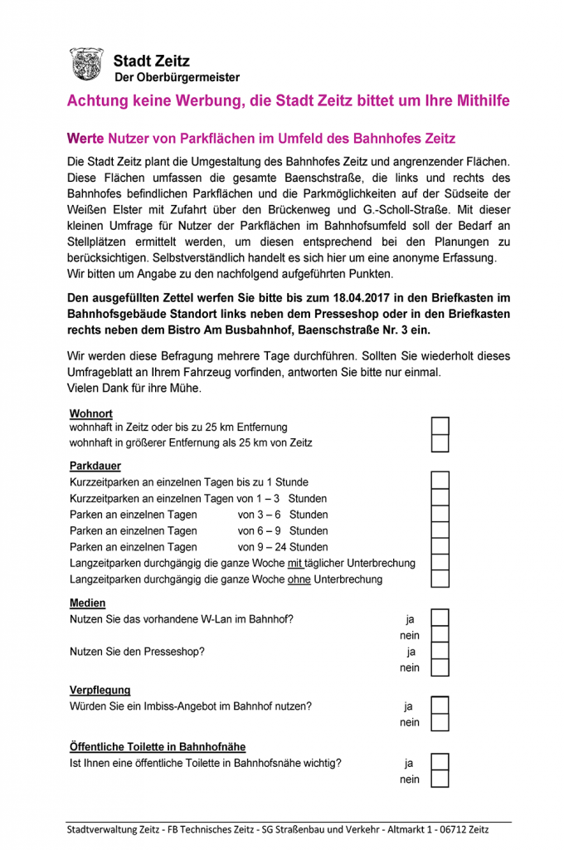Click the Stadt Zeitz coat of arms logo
[x=85, y=65]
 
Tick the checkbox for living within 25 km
[x=440, y=427]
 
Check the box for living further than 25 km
[x=440, y=443]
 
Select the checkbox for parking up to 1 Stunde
[x=440, y=481]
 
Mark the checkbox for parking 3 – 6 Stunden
[x=440, y=514]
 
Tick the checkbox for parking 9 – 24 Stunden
[x=440, y=546]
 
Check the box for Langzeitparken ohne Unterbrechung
[x=440, y=579]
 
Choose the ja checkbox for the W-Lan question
[x=440, y=618]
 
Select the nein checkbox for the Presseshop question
[x=440, y=667]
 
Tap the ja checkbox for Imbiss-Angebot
[x=440, y=706]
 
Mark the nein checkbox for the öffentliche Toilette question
[x=440, y=779]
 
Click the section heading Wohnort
[x=91, y=413]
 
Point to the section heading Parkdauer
[x=95, y=467]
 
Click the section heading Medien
[x=88, y=603]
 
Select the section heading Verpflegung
[x=100, y=691]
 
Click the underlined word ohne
[x=299, y=579]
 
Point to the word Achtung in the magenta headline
[x=99, y=101]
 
